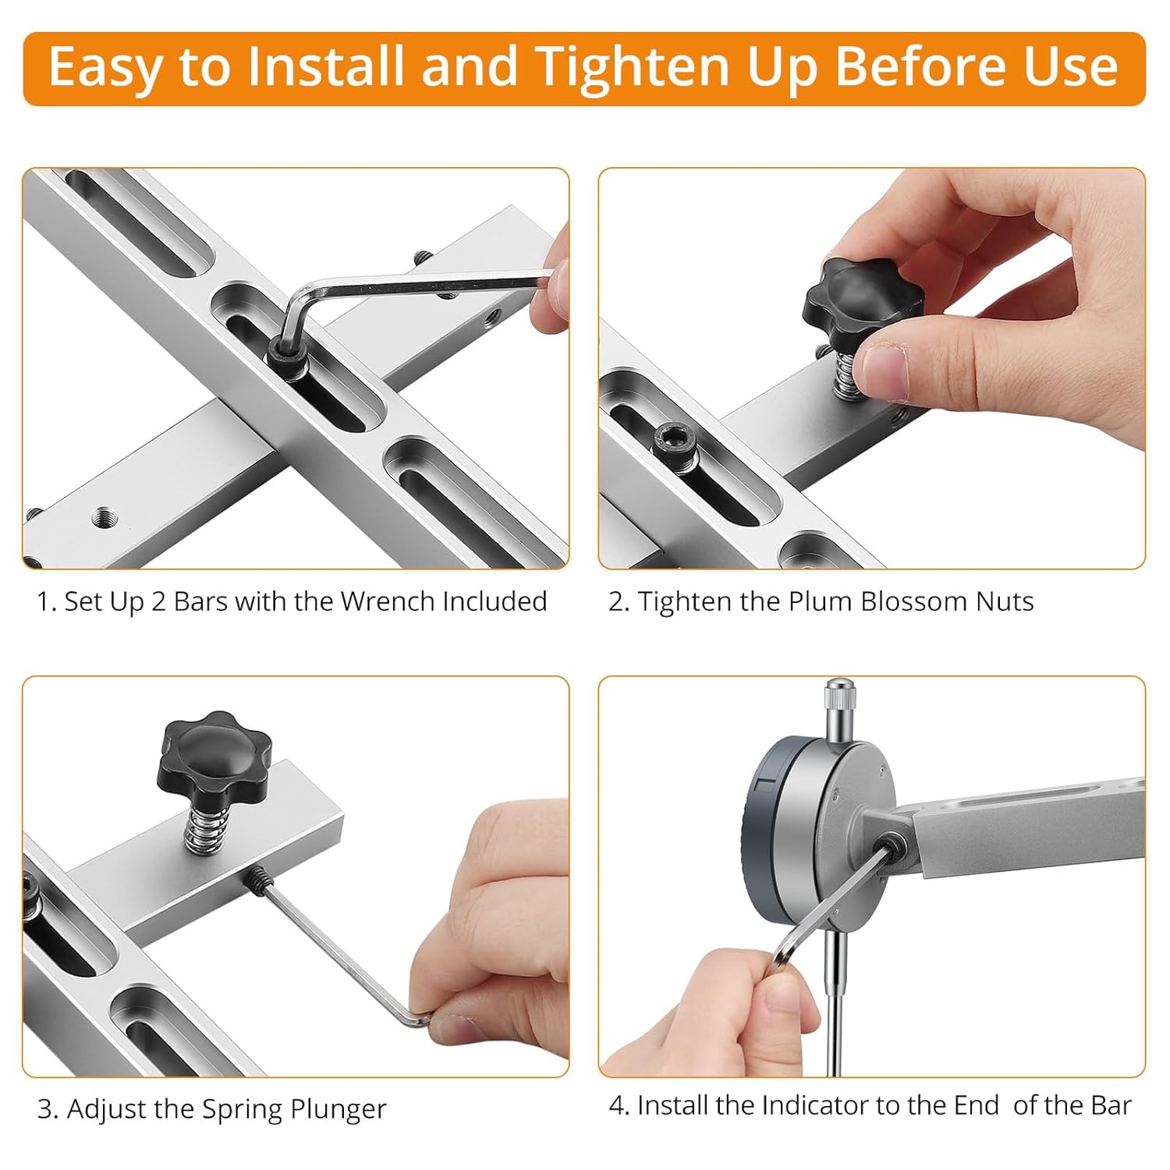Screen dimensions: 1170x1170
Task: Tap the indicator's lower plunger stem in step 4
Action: pos(834,998)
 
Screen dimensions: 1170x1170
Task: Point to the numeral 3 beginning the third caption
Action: pos(44,1108)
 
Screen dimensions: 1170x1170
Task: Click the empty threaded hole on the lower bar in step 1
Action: pos(102,516)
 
